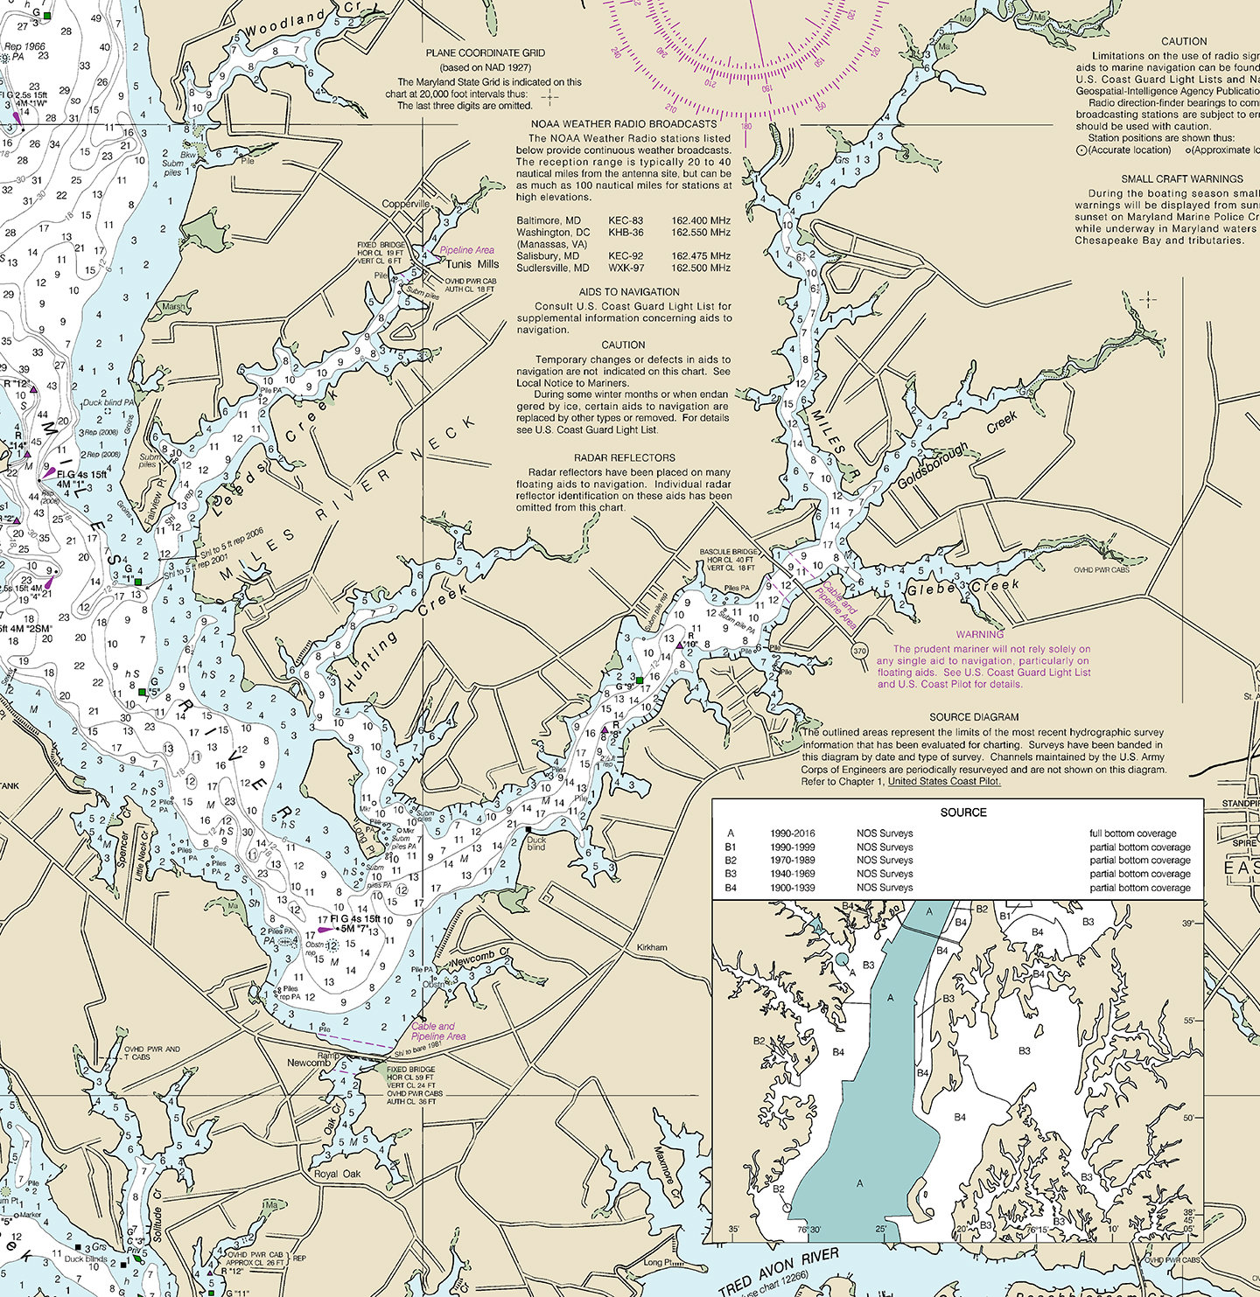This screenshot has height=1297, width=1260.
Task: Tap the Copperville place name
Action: click(406, 204)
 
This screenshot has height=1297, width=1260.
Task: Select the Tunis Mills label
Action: click(472, 263)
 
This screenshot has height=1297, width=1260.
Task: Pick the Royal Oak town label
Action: click(337, 1174)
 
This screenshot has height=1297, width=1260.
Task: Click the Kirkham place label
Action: click(652, 947)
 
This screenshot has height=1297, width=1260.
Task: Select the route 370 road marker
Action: click(859, 651)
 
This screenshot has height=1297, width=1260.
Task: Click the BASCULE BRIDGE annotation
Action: click(729, 552)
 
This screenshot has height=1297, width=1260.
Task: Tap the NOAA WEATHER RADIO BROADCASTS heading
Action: click(624, 124)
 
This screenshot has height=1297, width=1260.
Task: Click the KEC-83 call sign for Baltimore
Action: click(626, 220)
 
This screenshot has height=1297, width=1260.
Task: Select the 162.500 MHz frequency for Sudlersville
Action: click(700, 268)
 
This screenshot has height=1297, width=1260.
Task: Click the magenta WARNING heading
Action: click(979, 634)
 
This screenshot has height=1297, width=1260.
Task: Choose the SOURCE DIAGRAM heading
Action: click(974, 716)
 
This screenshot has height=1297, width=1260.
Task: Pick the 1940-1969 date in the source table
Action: click(792, 874)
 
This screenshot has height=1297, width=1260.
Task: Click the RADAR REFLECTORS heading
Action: click(624, 457)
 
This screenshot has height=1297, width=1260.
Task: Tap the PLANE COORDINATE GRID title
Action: click(486, 52)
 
